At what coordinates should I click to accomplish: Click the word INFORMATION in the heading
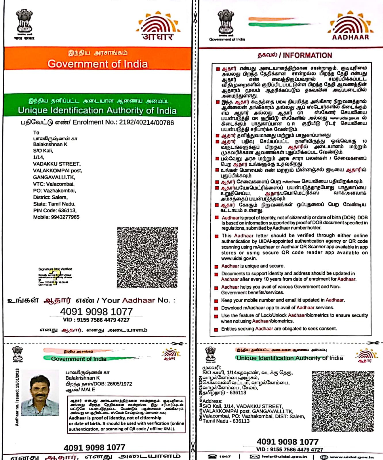pyautogui.click(x=307, y=55)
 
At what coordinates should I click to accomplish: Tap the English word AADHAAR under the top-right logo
pyautogui.click(x=350, y=37)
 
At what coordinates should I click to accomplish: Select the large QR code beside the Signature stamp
pyautogui.click(x=147, y=258)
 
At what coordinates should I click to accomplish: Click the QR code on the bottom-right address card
pyautogui.click(x=343, y=401)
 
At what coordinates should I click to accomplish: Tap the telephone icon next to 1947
pyautogui.click(x=212, y=457)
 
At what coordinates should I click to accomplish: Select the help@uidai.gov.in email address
pyautogui.click(x=284, y=457)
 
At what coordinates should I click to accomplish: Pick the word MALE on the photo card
pyautogui.click(x=88, y=390)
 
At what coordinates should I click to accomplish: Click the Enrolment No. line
pyautogui.click(x=97, y=122)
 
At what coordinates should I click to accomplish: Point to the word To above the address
pyautogui.click(x=36, y=133)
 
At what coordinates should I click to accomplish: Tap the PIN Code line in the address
pyautogui.click(x=55, y=210)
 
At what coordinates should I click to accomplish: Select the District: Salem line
pyautogui.click(x=50, y=197)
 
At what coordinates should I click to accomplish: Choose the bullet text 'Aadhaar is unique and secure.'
pyautogui.click(x=253, y=266)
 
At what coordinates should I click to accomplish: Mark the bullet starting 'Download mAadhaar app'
pyautogui.click(x=277, y=308)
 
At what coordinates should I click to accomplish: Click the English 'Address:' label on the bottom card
pyautogui.click(x=212, y=401)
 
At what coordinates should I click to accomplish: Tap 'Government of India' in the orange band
pyautogui.click(x=98, y=64)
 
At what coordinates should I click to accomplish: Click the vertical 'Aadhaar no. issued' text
pyautogui.click(x=17, y=397)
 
